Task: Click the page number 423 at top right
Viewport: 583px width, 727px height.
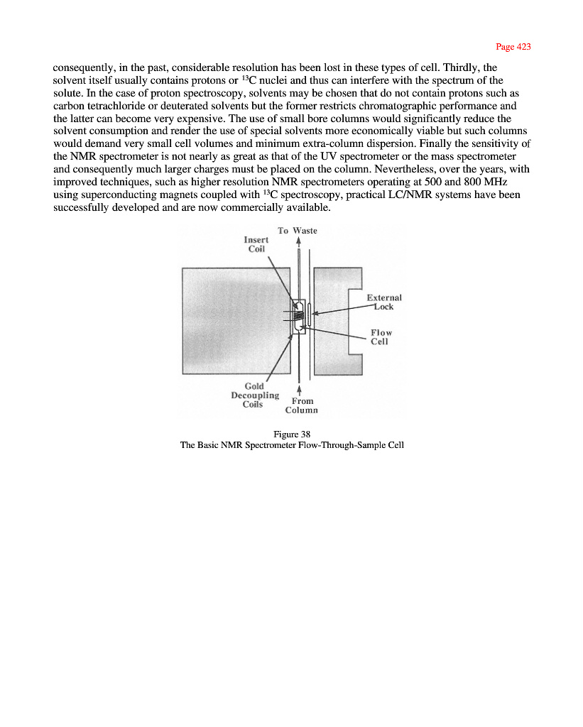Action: click(513, 47)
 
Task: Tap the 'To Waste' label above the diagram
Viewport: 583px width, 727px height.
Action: click(297, 231)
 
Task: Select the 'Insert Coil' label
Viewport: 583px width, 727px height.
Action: click(256, 245)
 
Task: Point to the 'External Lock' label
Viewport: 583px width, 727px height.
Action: click(384, 302)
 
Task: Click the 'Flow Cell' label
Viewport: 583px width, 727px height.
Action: click(381, 337)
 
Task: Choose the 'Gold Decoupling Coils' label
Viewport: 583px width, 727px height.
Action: click(254, 395)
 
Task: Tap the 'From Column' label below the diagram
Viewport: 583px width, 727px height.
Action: click(302, 405)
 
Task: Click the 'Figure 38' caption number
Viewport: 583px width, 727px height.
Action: click(292, 434)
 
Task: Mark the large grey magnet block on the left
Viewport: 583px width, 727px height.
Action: click(234, 319)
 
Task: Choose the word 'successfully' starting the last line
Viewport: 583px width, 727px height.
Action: click(81, 208)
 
